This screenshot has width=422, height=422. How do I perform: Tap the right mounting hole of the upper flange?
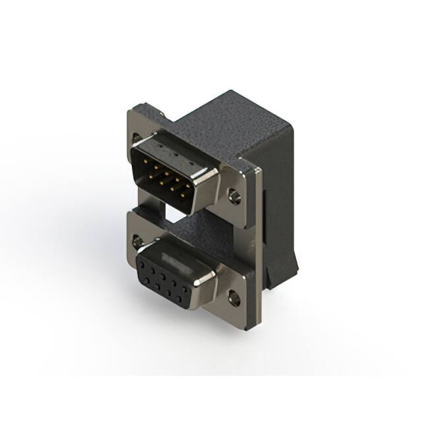click(234, 195)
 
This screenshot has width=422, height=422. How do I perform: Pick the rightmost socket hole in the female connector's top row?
click(184, 289)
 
